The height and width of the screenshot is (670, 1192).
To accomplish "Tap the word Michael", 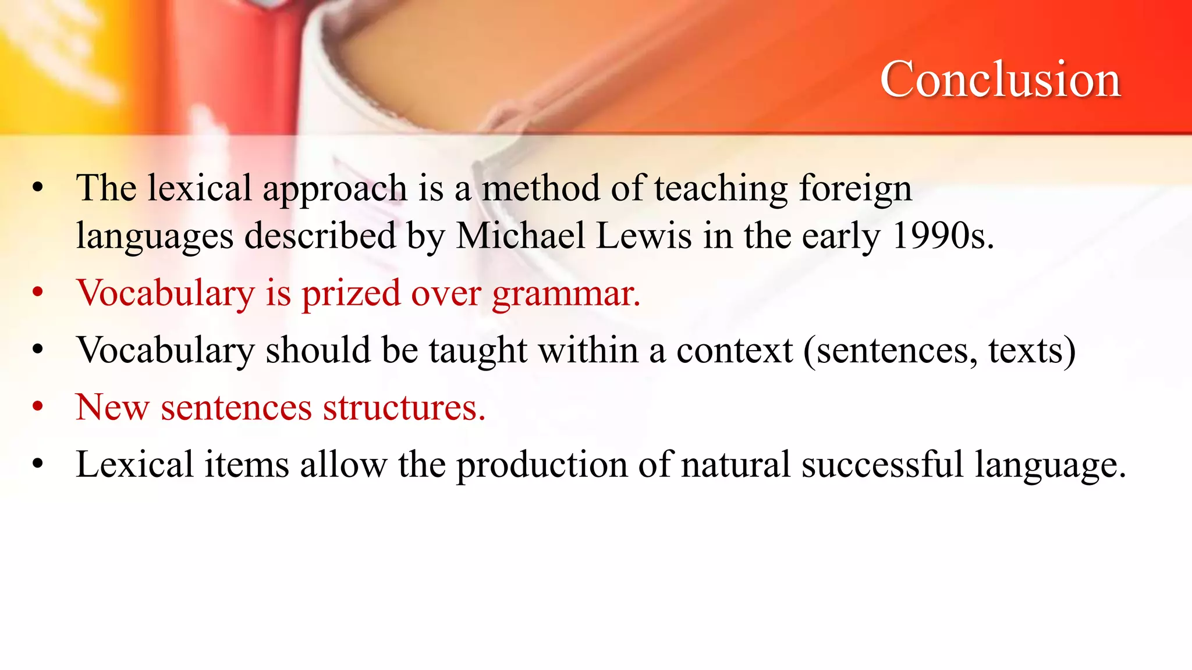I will coord(520,236).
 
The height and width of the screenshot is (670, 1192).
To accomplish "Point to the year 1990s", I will coord(942,236).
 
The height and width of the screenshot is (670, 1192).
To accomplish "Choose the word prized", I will coord(351,293).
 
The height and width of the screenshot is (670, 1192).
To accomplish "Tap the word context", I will coord(735,351).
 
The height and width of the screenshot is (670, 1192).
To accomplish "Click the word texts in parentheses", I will coord(1031,351).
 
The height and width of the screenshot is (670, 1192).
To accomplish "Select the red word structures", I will coord(404,407).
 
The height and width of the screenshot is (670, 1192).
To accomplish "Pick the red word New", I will coord(112,407).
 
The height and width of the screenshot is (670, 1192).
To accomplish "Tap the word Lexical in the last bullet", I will coord(134,465).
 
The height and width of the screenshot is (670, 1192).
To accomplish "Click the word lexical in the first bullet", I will coord(199,188).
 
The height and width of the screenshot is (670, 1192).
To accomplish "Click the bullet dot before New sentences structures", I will coord(38,407).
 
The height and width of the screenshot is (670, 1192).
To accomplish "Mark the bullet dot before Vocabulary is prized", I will coord(38,293).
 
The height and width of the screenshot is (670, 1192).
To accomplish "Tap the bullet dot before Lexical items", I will coord(38,464).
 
